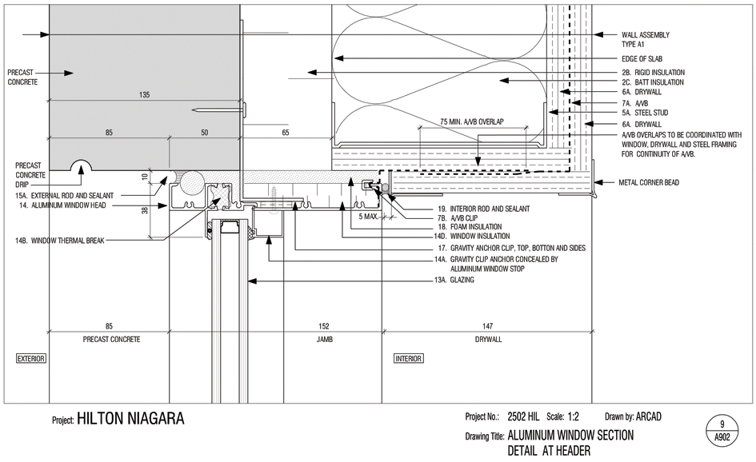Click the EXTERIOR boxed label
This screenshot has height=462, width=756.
click(31, 358)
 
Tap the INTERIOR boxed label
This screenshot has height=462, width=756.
click(409, 358)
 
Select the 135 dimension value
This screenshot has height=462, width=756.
click(144, 95)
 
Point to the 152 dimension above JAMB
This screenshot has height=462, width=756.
click(324, 326)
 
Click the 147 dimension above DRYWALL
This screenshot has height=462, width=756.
click(487, 326)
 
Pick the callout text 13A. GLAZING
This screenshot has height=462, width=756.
click(454, 280)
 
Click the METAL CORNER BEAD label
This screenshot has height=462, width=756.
click(649, 182)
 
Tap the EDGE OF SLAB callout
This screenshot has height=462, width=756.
click(642, 59)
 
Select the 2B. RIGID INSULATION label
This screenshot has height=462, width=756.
click(654, 72)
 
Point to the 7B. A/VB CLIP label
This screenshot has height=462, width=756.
click(458, 217)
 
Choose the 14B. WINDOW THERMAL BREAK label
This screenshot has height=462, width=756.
click(59, 241)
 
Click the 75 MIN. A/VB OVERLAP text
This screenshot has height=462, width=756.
click(471, 121)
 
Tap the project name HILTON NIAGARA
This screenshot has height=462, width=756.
click(130, 418)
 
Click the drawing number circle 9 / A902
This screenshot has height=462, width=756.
click(722, 431)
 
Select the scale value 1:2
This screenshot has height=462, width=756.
click(574, 416)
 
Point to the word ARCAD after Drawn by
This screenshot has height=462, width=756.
click(649, 416)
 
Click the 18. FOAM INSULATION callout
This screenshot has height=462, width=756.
click(470, 227)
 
